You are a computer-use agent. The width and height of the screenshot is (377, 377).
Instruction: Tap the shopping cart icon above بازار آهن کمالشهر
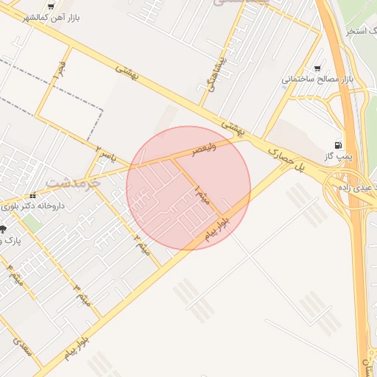(x=50, y=4)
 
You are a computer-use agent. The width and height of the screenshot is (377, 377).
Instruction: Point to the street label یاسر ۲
(x=108, y=155)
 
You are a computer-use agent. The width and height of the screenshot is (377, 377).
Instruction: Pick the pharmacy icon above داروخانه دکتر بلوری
(x=33, y=196)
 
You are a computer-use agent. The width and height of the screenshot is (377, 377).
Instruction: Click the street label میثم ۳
(x=83, y=294)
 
